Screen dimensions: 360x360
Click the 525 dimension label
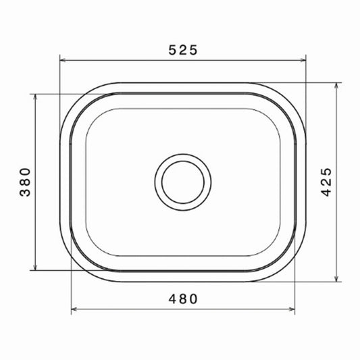(183, 50)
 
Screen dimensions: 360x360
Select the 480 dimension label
(183, 299)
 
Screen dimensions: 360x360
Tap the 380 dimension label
(25, 182)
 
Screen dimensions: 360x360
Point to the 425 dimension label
(326, 182)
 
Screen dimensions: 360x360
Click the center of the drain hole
(183, 182)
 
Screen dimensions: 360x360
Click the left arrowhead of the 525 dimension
(63, 60)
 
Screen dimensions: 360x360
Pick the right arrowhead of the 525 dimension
(303, 60)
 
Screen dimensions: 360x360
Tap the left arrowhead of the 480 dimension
(74, 309)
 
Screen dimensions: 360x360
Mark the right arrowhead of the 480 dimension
(292, 309)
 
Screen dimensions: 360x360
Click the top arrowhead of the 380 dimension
(35, 97)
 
